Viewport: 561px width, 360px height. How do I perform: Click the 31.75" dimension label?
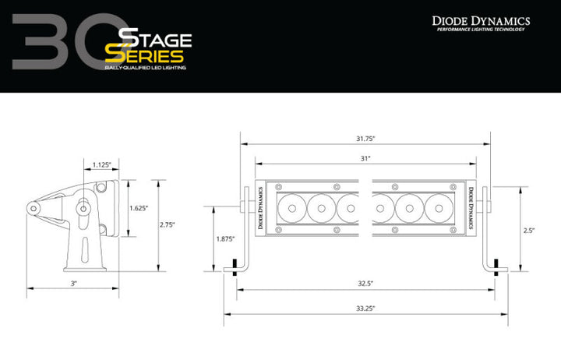(x=365, y=139)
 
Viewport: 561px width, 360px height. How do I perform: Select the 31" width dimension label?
(x=365, y=158)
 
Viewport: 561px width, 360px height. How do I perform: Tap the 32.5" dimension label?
(x=365, y=284)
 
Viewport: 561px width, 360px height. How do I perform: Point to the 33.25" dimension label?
(x=365, y=309)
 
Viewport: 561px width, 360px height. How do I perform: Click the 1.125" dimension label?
(x=101, y=164)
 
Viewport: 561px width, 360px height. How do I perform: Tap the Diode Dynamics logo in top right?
(x=481, y=20)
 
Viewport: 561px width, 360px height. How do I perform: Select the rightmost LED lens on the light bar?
(x=438, y=207)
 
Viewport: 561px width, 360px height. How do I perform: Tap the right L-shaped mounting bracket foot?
(x=496, y=268)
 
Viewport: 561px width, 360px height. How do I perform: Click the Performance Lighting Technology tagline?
(x=481, y=30)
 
